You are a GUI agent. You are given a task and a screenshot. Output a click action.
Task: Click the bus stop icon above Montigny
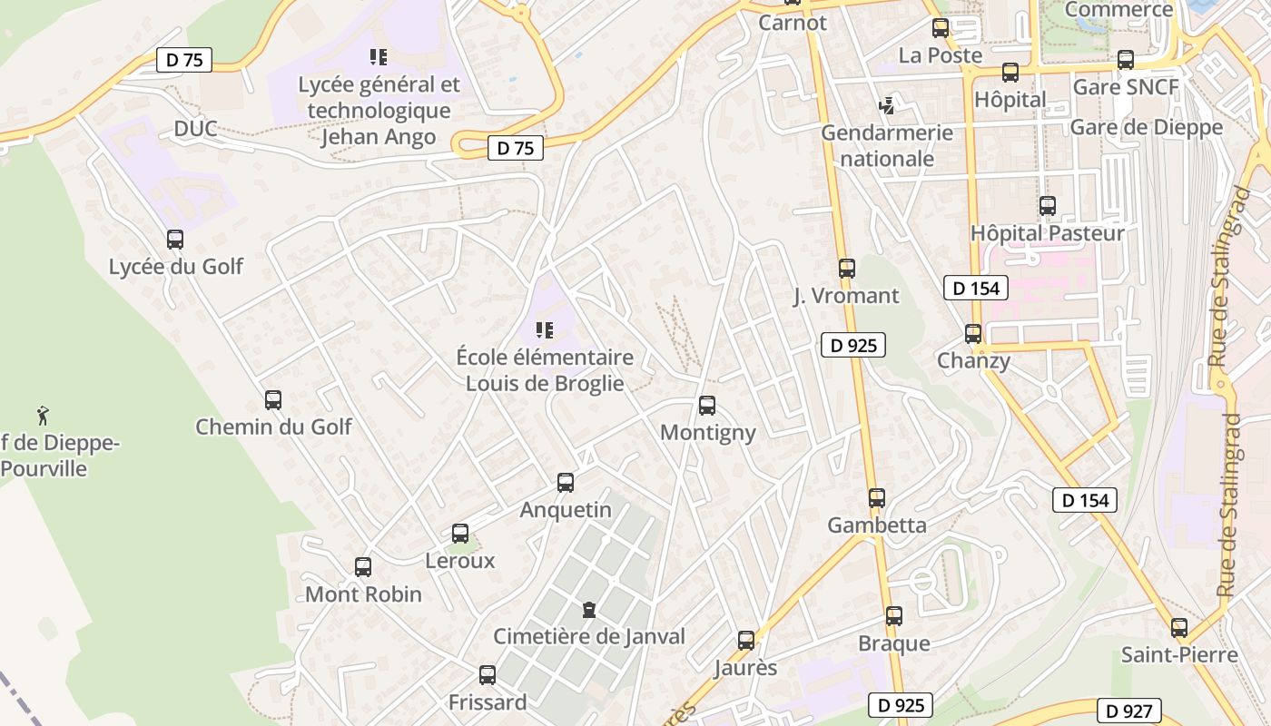[x=707, y=406]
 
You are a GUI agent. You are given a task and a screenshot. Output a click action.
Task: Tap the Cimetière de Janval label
[x=589, y=636]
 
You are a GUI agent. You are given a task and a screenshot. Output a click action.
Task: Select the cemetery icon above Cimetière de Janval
[x=589, y=610]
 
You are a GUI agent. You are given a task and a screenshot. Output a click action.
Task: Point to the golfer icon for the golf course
[x=43, y=416]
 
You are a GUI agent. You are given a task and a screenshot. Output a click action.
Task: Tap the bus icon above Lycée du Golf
[x=175, y=240]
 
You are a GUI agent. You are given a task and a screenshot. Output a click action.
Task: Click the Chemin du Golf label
[x=273, y=427]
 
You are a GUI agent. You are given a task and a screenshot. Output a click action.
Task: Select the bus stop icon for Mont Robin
[x=363, y=567]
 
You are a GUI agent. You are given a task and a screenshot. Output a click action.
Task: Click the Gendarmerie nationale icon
[x=887, y=106]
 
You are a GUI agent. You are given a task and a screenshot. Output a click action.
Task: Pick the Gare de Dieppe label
[x=1147, y=127]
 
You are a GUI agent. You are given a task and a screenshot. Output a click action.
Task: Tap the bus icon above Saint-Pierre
[x=1179, y=627]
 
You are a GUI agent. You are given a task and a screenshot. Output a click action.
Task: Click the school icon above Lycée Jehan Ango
[x=379, y=57]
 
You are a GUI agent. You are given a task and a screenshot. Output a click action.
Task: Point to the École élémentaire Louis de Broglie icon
[x=545, y=330]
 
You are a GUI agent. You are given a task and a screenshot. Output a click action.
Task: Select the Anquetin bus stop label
[x=566, y=510]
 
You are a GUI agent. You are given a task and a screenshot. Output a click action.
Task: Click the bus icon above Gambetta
[x=877, y=498]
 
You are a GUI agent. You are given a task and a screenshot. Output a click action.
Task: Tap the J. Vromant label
[x=846, y=296]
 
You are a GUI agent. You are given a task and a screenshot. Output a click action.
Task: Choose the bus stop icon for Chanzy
[x=973, y=333]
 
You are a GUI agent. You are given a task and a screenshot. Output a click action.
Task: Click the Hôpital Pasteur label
[x=1048, y=233]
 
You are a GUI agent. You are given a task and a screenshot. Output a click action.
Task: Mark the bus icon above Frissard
[x=488, y=675]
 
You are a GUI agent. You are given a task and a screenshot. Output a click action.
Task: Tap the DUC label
[x=196, y=129]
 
